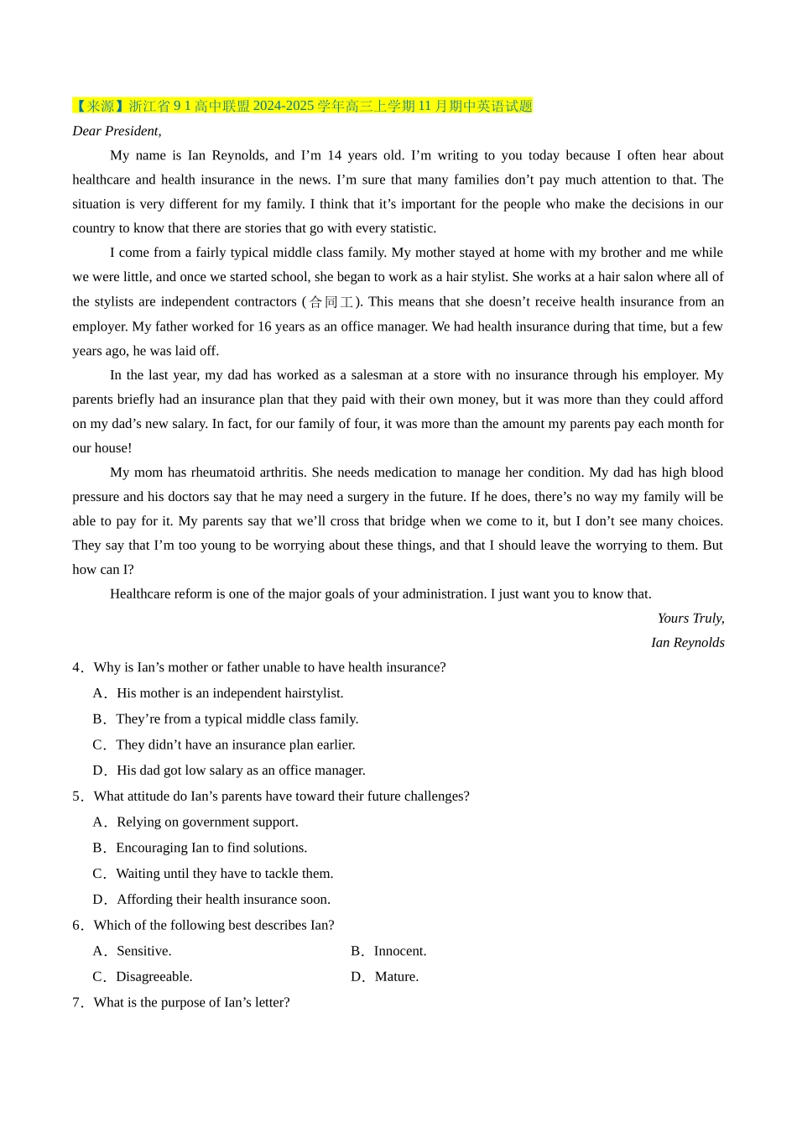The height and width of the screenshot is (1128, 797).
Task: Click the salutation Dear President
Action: [117, 131]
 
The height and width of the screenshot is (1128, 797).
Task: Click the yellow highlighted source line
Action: [303, 106]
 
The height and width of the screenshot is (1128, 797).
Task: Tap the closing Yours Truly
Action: [690, 619]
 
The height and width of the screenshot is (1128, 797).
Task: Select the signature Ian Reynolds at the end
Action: [687, 643]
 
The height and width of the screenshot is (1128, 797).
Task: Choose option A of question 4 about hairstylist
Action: [218, 693]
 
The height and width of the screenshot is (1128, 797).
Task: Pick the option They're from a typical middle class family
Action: [226, 719]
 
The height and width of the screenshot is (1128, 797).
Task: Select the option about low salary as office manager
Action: [229, 770]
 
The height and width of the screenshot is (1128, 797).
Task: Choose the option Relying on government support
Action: [195, 822]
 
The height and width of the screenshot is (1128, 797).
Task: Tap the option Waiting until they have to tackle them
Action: [213, 874]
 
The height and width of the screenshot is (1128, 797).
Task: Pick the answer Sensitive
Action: [133, 951]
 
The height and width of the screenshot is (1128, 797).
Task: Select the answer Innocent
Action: [389, 951]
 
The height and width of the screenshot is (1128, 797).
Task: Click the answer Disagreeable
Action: [143, 977]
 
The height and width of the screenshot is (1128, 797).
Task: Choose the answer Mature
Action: [385, 977]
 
